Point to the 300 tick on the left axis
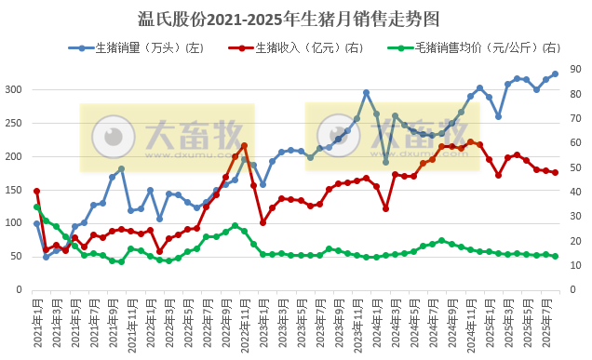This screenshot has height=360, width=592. click(13, 89)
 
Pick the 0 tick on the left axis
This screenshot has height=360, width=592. click(19, 290)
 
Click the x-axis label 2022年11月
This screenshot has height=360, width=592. click(244, 323)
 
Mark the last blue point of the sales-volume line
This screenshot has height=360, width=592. click(556, 73)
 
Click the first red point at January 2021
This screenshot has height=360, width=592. click(37, 191)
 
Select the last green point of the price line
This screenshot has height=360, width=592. click(556, 257)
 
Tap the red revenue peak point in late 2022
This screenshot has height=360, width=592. click(244, 145)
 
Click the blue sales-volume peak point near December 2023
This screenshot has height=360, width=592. click(367, 92)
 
